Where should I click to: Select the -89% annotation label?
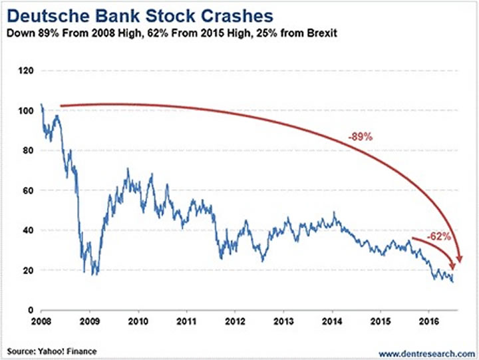359,137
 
